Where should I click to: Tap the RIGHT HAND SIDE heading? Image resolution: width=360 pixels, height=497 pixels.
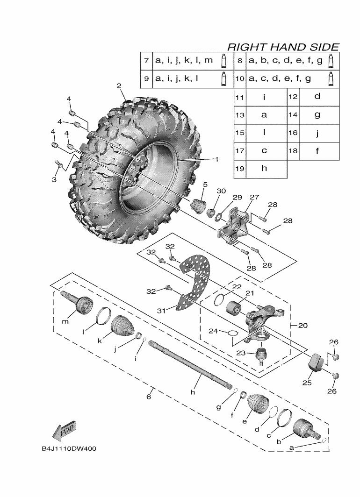pyautogui.click(x=283, y=47)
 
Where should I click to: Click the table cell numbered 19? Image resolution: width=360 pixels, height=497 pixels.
pyautogui.click(x=240, y=169)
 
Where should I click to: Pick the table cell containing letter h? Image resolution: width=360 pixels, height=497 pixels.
pyautogui.click(x=264, y=169)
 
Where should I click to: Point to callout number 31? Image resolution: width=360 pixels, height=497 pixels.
pyautogui.click(x=161, y=311)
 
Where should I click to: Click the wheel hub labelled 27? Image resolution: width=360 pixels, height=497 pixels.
pyautogui.click(x=234, y=227)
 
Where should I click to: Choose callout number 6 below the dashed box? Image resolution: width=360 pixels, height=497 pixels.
pyautogui.click(x=149, y=397)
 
